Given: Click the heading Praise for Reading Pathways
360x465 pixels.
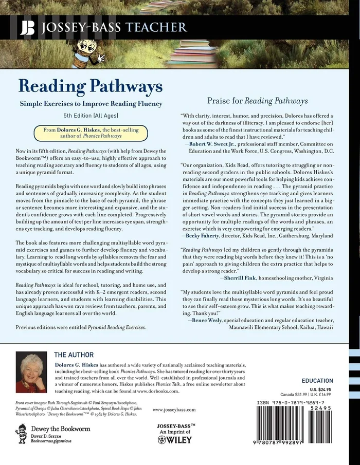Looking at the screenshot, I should click(258, 100).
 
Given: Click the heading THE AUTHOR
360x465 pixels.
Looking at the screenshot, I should click(74, 355).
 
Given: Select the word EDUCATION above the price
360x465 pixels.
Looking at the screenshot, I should click(317, 381).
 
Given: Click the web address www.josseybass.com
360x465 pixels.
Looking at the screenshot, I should click(174, 410).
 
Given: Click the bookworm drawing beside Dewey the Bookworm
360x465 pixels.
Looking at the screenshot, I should click(21, 434).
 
